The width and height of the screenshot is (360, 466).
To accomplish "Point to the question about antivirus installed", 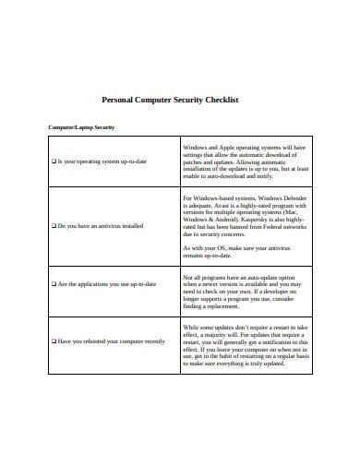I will pyautogui.click(x=100, y=225).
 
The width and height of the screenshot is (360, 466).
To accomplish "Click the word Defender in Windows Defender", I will pyautogui.click(x=287, y=198).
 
